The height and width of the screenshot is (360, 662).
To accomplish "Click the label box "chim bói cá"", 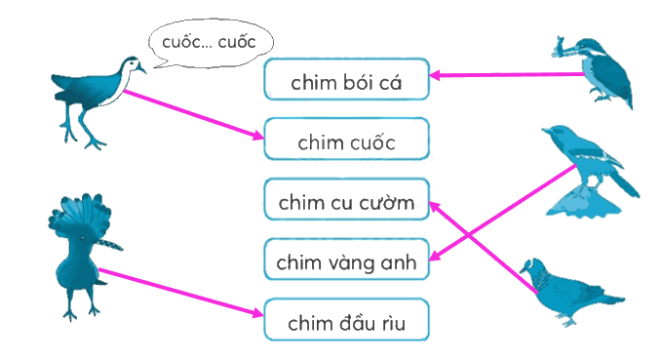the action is (x=347, y=79).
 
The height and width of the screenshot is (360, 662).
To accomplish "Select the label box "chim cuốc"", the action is (x=347, y=139).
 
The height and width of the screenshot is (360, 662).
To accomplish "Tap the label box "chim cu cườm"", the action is (x=347, y=199).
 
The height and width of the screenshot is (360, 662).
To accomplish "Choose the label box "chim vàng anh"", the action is (x=347, y=259).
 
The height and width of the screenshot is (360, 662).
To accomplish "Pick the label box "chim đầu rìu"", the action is (x=347, y=319).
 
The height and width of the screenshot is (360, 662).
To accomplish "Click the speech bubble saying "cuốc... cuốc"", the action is (x=211, y=43).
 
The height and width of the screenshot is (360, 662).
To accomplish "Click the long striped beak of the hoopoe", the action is (x=110, y=244).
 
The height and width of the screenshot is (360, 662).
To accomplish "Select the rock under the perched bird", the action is (x=583, y=203).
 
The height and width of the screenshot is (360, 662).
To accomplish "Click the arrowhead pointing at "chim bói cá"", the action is (x=435, y=76).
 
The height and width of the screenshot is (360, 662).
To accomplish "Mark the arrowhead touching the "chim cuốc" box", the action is (x=258, y=136).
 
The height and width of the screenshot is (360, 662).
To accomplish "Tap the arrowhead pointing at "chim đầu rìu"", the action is (x=258, y=313).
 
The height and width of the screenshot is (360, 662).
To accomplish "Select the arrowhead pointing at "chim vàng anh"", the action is (x=435, y=256).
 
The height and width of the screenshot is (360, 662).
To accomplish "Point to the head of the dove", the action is (x=530, y=268).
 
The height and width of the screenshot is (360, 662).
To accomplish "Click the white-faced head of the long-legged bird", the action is (x=134, y=65).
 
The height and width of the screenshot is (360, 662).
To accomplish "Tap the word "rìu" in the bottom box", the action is (x=394, y=323).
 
